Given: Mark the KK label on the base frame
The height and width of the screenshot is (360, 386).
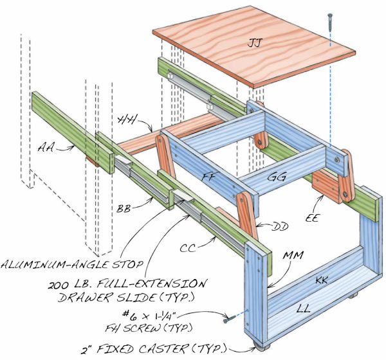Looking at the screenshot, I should (324, 281).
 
